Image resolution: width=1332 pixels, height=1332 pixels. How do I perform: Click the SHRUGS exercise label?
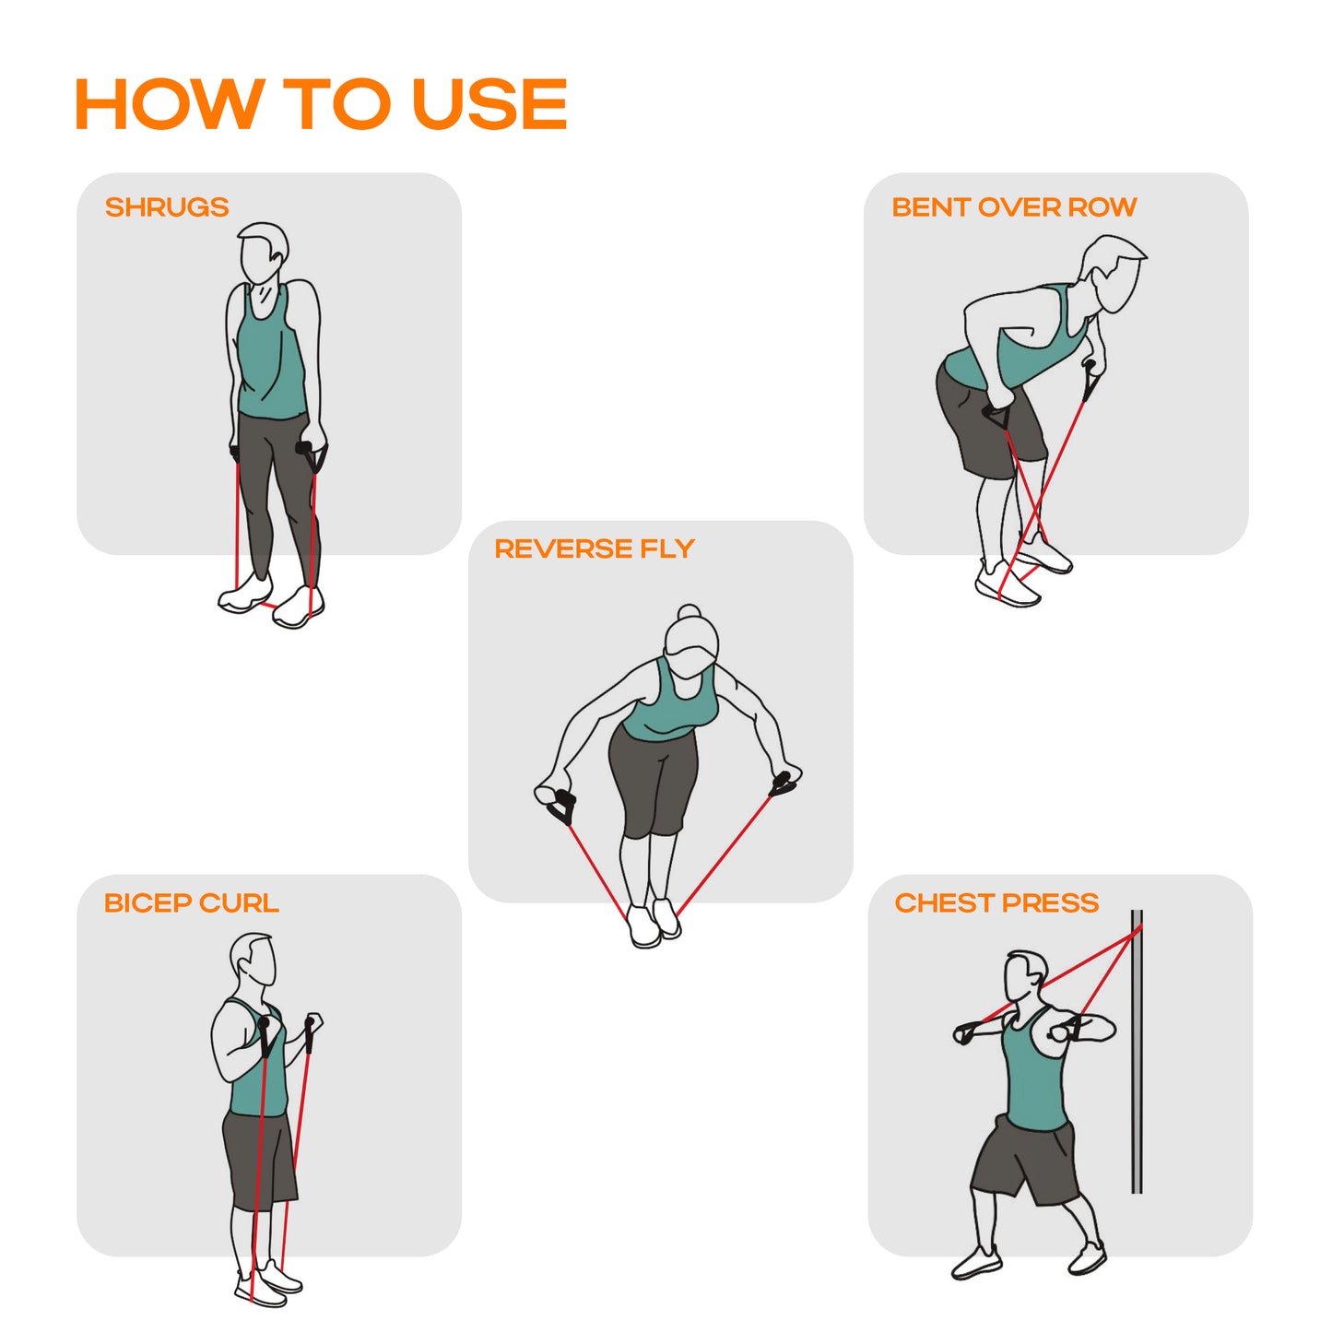pos(167,207)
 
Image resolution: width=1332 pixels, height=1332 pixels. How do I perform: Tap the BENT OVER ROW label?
pos(1014,207)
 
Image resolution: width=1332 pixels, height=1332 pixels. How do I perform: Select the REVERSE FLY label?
pos(595,548)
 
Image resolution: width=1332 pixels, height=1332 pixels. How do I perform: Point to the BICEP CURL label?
pos(192,902)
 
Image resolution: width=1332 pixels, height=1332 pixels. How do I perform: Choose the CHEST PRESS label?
pos(996,902)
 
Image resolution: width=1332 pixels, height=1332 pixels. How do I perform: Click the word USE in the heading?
pos(490,103)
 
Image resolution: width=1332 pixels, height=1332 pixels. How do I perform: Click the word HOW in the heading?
pos(170,103)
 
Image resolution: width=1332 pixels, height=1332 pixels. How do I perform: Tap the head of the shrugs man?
pos(263,253)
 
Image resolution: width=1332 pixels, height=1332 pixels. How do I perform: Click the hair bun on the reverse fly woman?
pos(690,612)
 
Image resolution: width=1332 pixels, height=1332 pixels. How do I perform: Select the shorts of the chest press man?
pos(1026,1161)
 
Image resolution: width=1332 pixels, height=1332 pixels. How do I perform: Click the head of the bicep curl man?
pos(253,961)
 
